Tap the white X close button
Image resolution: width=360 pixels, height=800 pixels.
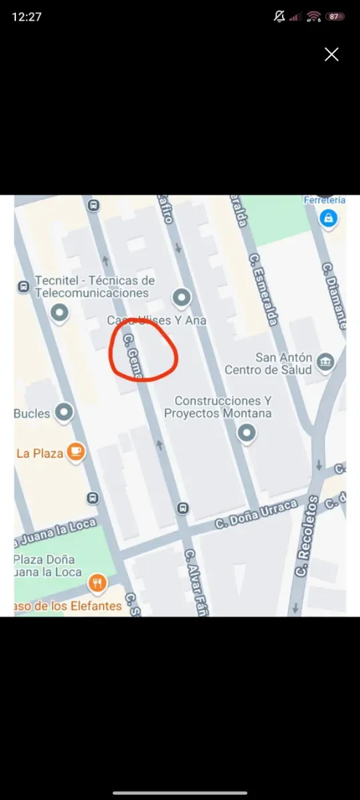tap(331, 55)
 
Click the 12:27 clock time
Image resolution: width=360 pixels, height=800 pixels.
tap(27, 17)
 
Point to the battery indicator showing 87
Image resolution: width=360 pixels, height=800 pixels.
tap(335, 17)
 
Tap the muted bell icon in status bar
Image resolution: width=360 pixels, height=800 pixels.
tap(279, 17)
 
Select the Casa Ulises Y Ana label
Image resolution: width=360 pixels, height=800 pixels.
tap(157, 320)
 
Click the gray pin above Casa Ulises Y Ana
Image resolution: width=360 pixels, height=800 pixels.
tap(181, 297)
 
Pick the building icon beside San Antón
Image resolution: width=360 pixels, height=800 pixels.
tap(326, 362)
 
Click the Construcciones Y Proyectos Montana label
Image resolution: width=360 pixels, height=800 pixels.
tap(218, 407)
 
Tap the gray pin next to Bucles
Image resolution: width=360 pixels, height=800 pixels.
tap(64, 413)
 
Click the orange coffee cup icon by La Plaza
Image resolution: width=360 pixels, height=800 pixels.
tap(77, 453)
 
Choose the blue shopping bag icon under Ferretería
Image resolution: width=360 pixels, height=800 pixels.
tap(327, 218)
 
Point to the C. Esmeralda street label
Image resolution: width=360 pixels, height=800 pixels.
tap(263, 289)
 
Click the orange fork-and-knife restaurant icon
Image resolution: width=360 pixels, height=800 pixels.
tap(97, 584)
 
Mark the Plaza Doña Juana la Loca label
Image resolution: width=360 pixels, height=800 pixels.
tap(46, 565)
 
